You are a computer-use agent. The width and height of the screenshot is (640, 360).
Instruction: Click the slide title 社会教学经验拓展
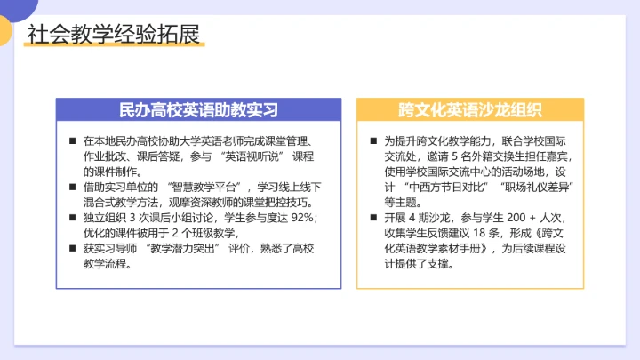[x=113, y=35]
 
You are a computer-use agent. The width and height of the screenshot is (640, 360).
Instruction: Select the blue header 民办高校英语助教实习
[x=199, y=110]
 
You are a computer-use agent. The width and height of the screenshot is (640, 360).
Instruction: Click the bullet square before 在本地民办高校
[x=72, y=140]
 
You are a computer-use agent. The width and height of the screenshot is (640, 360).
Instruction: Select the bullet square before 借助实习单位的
[x=72, y=187]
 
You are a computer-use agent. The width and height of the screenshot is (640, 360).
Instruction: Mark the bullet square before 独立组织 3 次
[x=72, y=217]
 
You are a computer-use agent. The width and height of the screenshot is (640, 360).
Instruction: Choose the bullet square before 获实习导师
[x=72, y=248]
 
